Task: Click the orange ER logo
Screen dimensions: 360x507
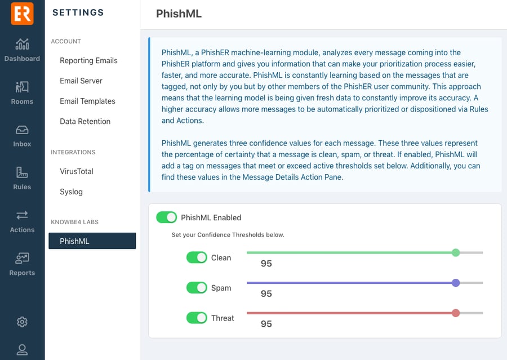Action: click(22, 14)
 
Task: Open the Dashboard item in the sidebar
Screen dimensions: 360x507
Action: click(22, 50)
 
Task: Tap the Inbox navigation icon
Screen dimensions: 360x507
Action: click(22, 136)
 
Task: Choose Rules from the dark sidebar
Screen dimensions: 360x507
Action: click(22, 179)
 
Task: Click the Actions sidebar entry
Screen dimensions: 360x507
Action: click(22, 221)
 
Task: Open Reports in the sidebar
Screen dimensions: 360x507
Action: click(22, 264)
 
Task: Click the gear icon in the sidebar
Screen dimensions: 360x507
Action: click(22, 322)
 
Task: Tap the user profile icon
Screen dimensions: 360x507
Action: click(22, 349)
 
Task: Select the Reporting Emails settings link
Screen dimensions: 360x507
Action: click(88, 60)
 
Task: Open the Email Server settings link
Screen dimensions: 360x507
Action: click(81, 81)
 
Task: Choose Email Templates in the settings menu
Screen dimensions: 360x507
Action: click(87, 101)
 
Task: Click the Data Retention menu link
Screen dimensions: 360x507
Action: click(85, 121)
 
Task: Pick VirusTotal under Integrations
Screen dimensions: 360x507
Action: click(77, 171)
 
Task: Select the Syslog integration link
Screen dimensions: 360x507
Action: click(71, 192)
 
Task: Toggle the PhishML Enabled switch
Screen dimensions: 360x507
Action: click(167, 217)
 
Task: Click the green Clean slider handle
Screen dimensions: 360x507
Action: click(456, 252)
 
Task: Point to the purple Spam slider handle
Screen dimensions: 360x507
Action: click(456, 283)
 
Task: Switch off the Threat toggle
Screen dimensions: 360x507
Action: click(197, 318)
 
